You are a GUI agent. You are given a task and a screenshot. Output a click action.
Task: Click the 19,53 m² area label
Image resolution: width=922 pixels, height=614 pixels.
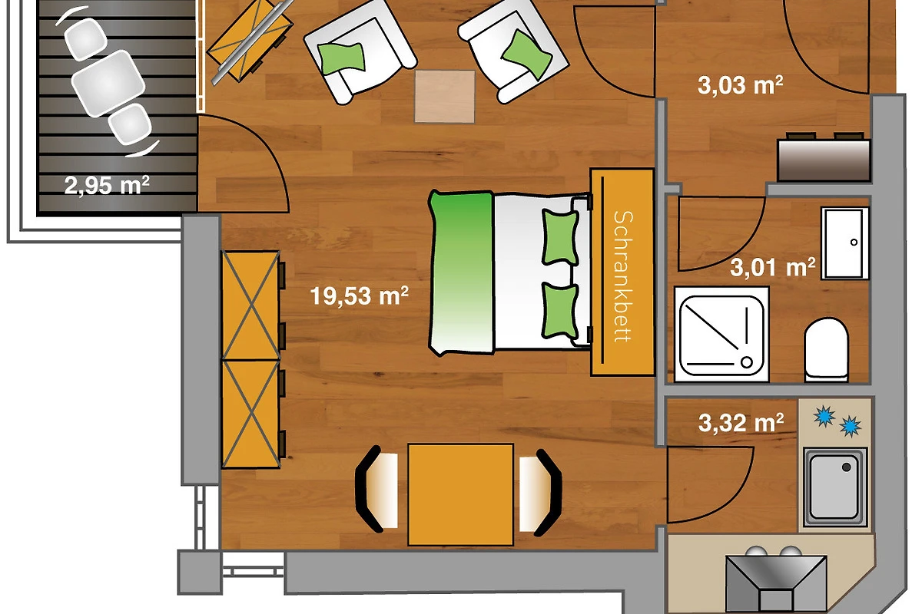[x=360, y=295]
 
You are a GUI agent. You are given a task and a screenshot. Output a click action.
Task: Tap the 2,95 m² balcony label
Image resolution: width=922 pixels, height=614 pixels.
[x=107, y=185]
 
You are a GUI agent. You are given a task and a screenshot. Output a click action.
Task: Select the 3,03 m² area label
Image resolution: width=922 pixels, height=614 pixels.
[x=740, y=85]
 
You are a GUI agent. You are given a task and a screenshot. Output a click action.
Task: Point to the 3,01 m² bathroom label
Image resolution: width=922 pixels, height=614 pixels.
[x=773, y=267]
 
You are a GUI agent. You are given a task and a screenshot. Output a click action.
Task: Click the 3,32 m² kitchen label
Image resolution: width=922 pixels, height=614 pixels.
[x=741, y=423]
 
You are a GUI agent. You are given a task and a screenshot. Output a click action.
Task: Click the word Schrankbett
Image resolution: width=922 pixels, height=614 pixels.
[x=622, y=276]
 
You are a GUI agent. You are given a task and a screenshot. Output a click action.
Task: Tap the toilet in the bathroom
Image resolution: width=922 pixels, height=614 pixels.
[x=826, y=349]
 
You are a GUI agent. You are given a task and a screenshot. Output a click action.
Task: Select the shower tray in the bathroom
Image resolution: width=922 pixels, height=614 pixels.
[x=721, y=335]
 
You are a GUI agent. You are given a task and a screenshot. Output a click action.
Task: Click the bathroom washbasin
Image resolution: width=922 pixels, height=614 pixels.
[x=844, y=243]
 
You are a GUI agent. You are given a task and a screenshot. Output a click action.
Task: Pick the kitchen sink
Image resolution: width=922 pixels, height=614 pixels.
[x=835, y=487]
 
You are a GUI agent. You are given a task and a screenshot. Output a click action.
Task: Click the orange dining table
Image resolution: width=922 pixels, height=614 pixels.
[x=460, y=495]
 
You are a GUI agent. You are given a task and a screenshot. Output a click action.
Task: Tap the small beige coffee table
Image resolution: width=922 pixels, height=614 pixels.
[x=445, y=97]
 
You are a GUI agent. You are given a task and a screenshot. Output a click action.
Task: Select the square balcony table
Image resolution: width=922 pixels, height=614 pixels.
[x=108, y=83]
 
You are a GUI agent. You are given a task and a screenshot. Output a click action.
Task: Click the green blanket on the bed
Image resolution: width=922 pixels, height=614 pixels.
[x=461, y=272]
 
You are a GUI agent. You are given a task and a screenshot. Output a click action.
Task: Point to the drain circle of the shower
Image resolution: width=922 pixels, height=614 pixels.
[x=747, y=362]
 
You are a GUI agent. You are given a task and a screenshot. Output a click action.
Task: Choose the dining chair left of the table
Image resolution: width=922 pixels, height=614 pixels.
[x=376, y=490]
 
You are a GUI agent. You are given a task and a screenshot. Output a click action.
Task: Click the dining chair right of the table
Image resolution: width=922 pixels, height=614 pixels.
[x=540, y=493]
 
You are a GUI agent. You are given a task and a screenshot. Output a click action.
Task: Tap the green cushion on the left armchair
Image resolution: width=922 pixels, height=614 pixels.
[x=342, y=58]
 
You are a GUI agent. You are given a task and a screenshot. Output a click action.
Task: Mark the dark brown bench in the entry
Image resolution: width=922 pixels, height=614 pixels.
[x=824, y=160]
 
